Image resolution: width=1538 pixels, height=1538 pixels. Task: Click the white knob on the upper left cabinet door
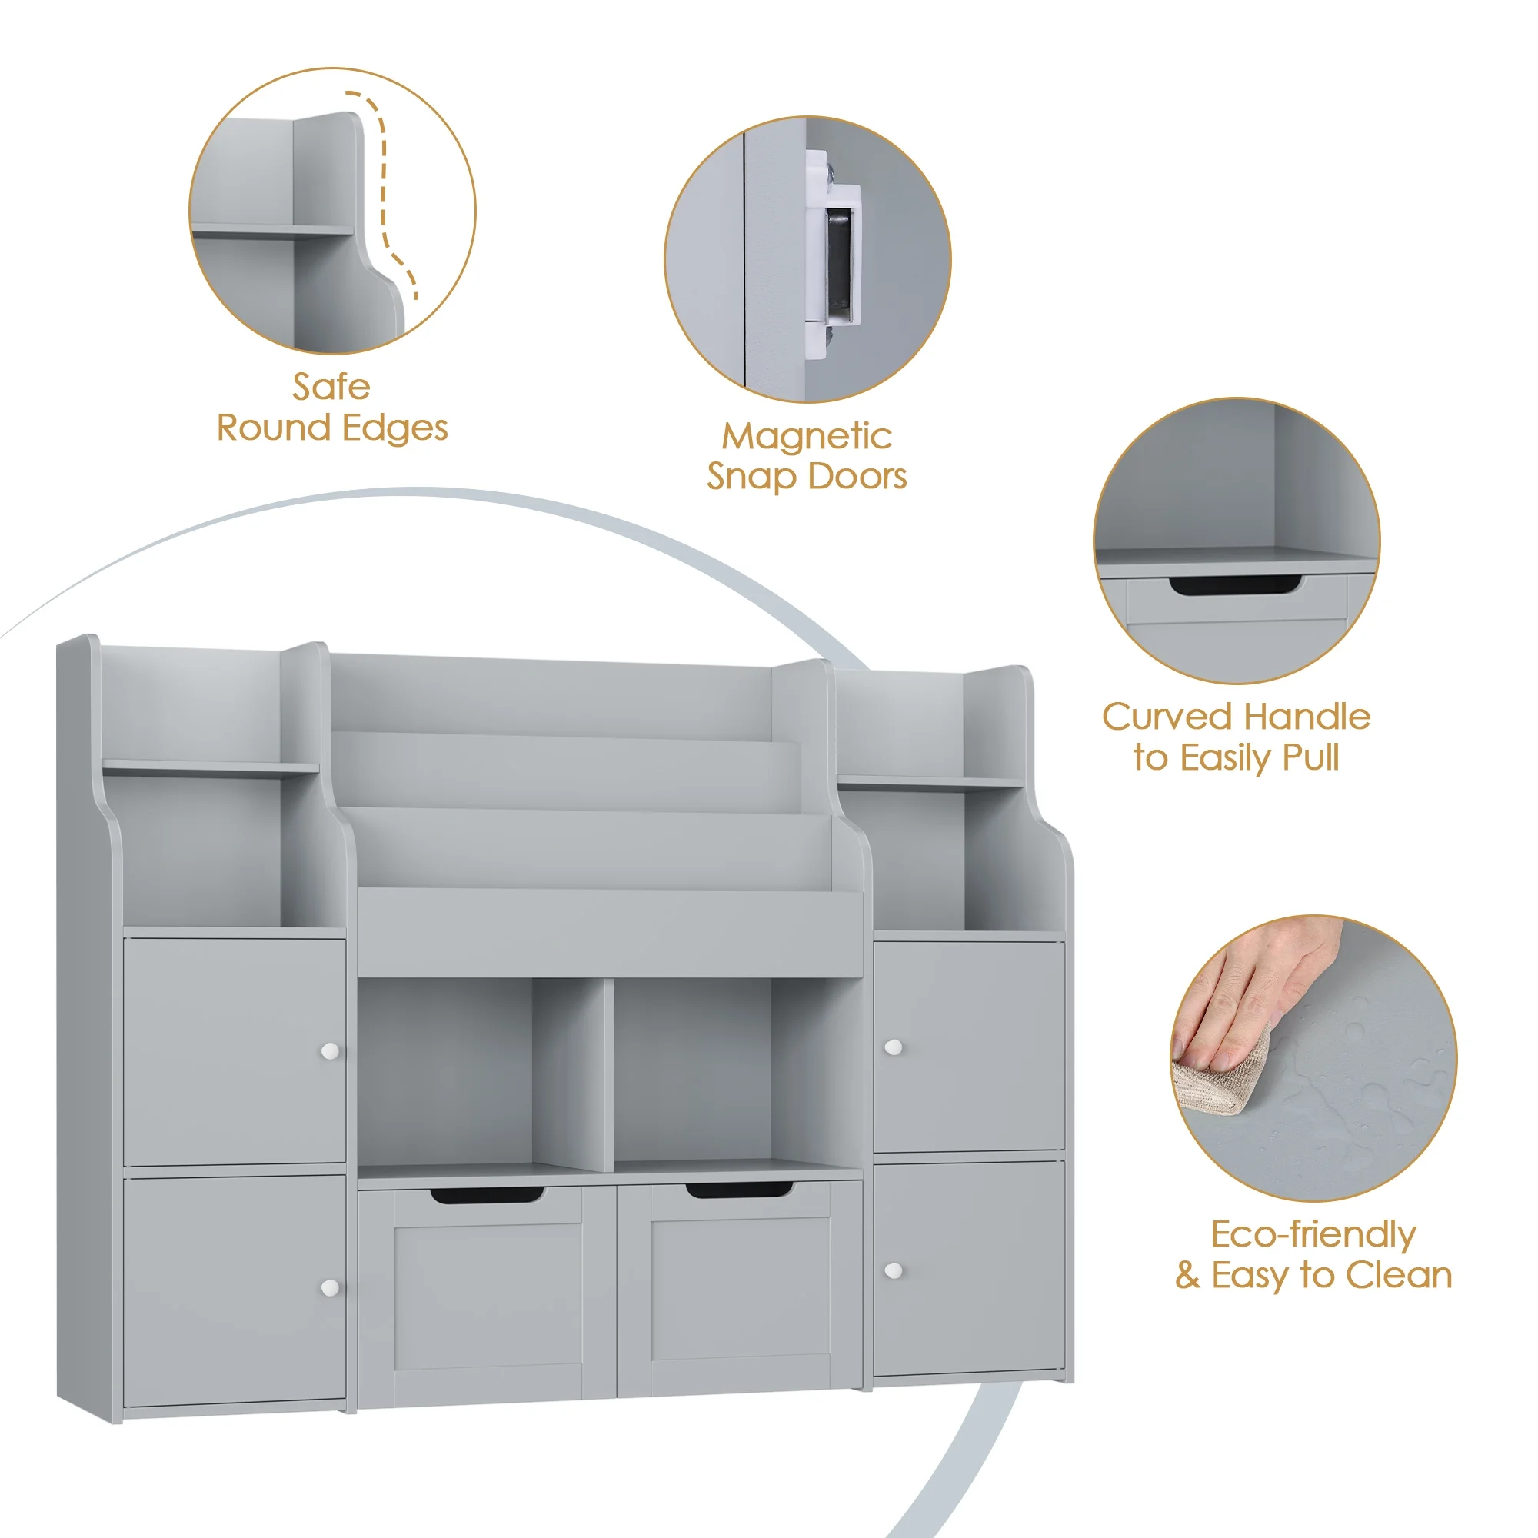(330, 1050)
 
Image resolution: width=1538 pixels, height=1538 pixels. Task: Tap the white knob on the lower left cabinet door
(330, 1287)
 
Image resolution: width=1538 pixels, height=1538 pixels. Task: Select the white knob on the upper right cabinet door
(893, 1047)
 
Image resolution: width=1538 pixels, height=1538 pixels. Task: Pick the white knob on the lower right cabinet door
(893, 1270)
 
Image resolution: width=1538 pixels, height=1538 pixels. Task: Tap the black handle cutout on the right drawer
(740, 1190)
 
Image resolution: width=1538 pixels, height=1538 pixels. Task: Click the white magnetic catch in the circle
(833, 255)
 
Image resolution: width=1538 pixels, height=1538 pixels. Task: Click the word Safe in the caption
(331, 388)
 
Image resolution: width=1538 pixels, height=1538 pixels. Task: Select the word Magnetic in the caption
(807, 436)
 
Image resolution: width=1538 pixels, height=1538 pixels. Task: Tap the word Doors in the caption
(857, 476)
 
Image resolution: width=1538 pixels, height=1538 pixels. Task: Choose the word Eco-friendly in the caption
(1313, 1235)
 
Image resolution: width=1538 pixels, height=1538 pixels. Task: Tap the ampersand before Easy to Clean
(1187, 1275)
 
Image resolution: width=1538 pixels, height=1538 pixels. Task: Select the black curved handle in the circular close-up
(1236, 585)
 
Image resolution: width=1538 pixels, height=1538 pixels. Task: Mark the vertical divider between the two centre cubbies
(608, 1075)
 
